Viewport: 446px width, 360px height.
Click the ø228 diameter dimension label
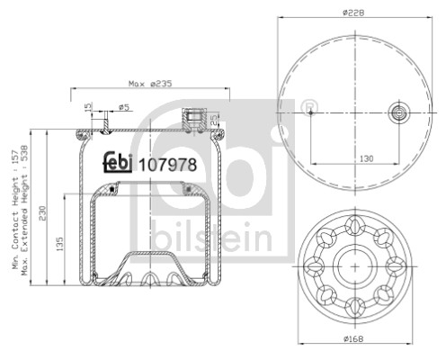point(353,13)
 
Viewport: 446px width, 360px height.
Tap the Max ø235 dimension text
point(150,84)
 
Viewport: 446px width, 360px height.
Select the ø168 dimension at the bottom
point(353,339)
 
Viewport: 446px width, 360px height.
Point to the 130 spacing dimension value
point(366,158)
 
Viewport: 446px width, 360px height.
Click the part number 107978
point(168,165)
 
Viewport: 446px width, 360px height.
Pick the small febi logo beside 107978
point(118,162)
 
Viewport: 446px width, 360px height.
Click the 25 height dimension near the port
point(214,120)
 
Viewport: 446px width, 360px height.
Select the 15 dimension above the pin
point(87,107)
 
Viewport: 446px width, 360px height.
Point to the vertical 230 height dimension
point(42,213)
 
